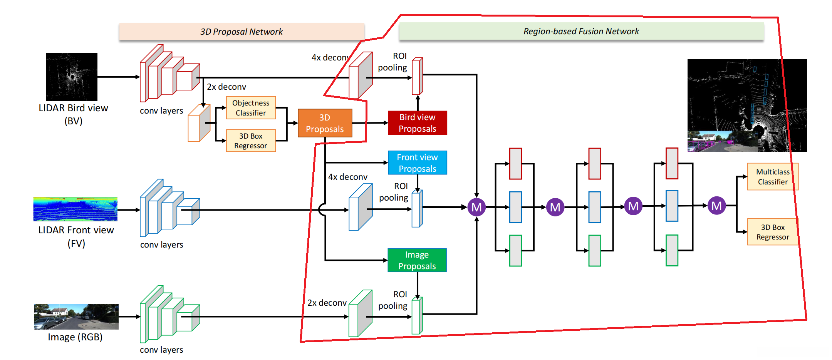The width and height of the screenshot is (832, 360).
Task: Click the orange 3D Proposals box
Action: click(x=325, y=123)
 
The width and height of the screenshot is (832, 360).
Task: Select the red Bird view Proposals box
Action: click(x=418, y=123)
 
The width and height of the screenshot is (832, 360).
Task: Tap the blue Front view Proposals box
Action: click(x=418, y=163)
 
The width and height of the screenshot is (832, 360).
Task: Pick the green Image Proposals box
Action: click(x=417, y=260)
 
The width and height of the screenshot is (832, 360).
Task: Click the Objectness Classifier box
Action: click(x=251, y=108)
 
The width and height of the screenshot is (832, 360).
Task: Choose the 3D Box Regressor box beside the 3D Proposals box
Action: click(x=251, y=141)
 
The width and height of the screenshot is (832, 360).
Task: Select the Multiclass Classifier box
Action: click(x=773, y=177)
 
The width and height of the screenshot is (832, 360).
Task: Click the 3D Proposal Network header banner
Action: click(x=242, y=32)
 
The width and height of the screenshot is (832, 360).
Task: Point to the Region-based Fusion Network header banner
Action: click(x=581, y=31)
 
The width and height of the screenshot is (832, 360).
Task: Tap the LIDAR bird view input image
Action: click(x=72, y=77)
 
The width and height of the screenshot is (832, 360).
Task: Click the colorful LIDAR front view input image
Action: click(x=75, y=209)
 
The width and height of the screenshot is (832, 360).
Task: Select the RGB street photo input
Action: click(x=76, y=316)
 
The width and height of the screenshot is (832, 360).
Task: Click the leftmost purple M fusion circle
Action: click(x=476, y=207)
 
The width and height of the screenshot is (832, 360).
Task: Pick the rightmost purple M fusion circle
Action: click(x=716, y=206)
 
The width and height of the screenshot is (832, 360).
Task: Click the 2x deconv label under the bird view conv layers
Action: click(x=226, y=87)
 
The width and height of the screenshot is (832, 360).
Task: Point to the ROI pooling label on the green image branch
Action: click(x=393, y=300)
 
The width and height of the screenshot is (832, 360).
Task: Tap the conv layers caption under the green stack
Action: click(x=161, y=350)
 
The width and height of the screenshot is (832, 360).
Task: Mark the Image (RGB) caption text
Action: click(x=75, y=337)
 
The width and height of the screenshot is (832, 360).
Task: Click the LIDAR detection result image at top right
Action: click(x=747, y=105)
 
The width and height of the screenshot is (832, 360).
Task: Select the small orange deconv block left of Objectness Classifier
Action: click(x=199, y=123)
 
